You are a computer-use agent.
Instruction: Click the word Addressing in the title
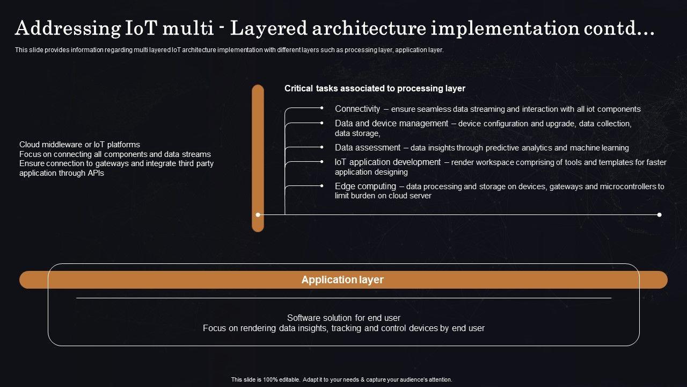pos(68,28)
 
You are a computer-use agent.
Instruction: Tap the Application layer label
pos(342,279)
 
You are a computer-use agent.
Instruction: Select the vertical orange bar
pos(258,158)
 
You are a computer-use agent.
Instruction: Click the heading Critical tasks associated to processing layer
pos(375,89)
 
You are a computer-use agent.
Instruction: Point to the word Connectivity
pos(357,109)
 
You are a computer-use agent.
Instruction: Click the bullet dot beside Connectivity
pos(321,108)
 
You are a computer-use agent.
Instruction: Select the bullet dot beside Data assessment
pos(321,147)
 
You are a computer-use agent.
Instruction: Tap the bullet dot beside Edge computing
pos(321,186)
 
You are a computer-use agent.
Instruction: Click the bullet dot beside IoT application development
pos(321,162)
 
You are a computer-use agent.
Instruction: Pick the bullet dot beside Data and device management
pos(321,123)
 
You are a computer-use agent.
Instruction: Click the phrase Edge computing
pos(366,187)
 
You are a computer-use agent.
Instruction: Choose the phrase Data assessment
pos(368,147)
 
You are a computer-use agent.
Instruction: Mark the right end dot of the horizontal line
pos(660,214)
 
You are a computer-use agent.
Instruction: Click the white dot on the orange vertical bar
pos(258,214)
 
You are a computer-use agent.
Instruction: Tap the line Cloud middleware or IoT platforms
pos(79,145)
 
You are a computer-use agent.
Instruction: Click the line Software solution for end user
pos(343,318)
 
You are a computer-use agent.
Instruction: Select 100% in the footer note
pos(270,379)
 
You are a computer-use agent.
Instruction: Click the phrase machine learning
pos(600,148)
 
